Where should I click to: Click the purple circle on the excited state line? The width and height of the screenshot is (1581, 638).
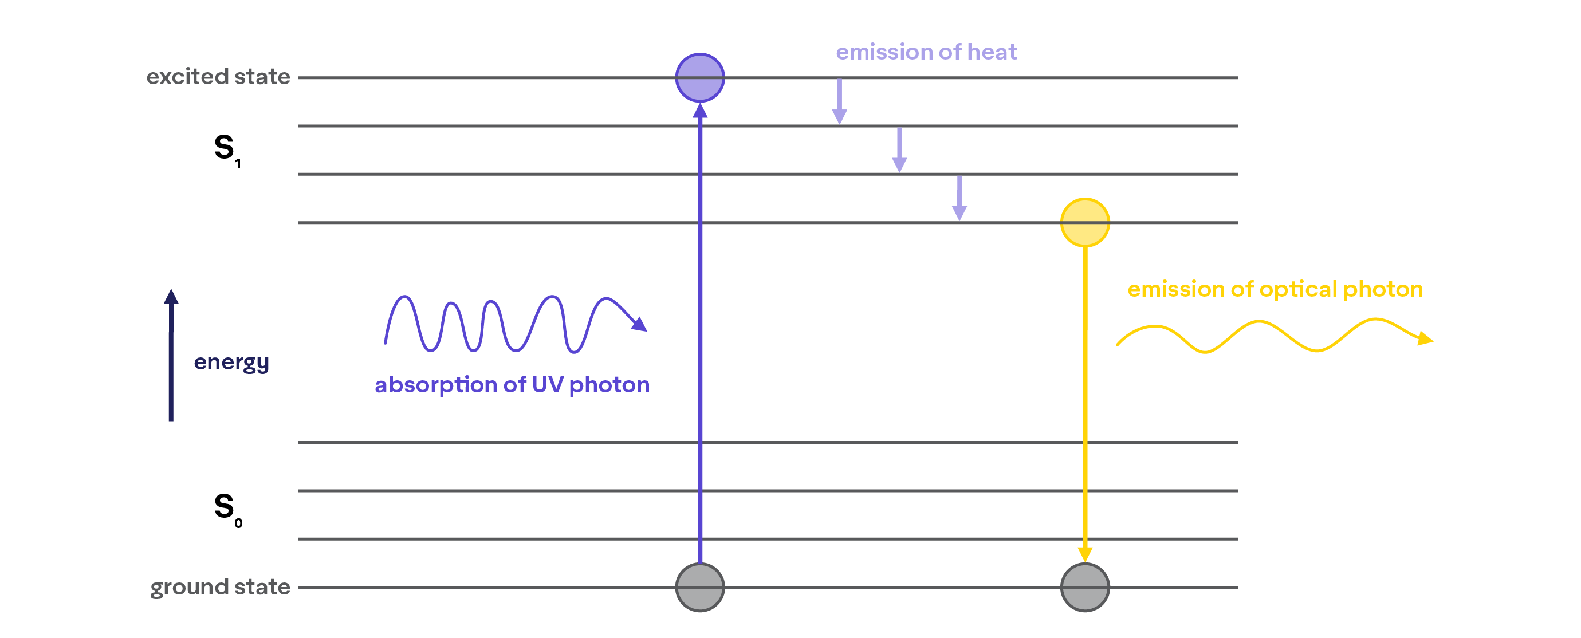699,78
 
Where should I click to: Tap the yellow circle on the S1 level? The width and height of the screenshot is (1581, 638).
1084,223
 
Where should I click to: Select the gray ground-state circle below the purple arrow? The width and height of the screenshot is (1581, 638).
699,587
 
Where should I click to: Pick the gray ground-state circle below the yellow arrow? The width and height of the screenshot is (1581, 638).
1084,587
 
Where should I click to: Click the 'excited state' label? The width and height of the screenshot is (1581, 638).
218,77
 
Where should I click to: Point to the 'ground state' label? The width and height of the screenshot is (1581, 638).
220,587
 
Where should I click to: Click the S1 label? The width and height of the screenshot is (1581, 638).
226,149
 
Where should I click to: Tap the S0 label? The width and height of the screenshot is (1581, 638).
227,509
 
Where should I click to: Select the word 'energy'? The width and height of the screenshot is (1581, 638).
231,363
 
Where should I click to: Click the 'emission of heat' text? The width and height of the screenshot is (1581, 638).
926,52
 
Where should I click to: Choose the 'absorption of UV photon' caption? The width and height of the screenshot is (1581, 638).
512,385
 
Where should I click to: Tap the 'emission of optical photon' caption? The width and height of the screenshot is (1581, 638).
1275,289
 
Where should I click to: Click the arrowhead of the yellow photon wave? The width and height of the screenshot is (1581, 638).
1425,338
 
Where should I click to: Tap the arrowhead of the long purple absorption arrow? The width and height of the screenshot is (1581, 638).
699,111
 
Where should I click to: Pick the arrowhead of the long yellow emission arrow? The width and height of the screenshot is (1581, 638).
1084,553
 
